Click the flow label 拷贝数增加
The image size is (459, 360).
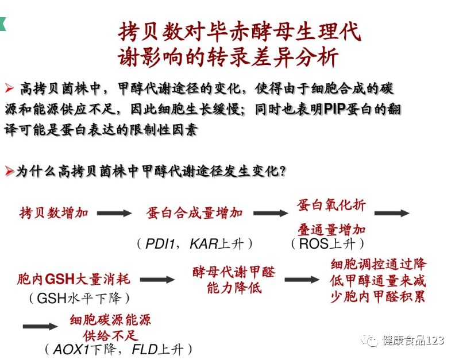point(54,213)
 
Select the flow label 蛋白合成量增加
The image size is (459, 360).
point(195,213)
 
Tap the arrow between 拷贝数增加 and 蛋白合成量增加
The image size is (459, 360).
point(114,213)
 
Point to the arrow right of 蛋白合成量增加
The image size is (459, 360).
point(271,213)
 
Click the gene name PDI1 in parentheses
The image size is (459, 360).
point(160,243)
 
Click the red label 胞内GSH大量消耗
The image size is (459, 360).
point(74,280)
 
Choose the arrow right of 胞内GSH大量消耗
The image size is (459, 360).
point(157,280)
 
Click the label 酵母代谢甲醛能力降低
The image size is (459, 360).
point(234,280)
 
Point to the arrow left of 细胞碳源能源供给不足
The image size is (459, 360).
point(40,326)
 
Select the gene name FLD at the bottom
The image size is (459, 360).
point(144,349)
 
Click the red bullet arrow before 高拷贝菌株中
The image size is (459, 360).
point(9,88)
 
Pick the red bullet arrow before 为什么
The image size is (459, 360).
point(9,171)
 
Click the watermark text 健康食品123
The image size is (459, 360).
point(413,340)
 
